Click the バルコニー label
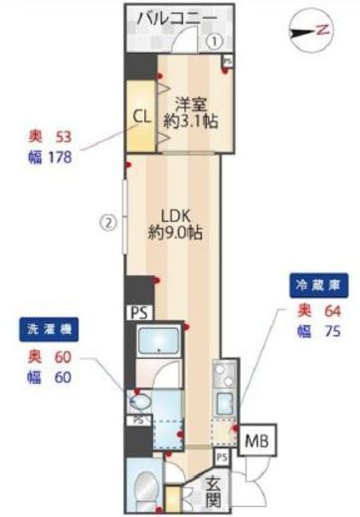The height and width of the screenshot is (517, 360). (x=179, y=18)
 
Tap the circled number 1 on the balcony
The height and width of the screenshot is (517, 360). (x=216, y=42)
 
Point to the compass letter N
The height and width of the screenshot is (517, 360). (x=322, y=31)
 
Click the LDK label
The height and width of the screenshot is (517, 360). (x=176, y=214)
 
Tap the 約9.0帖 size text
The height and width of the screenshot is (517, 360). (x=176, y=235)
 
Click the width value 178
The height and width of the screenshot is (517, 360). (x=61, y=155)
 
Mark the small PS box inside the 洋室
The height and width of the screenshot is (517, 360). (x=228, y=62)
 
